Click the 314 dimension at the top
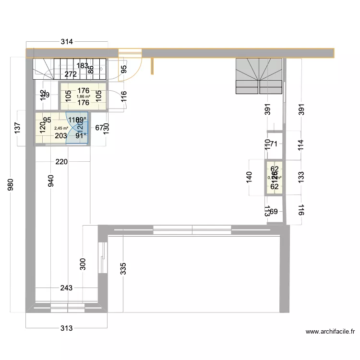[66, 42]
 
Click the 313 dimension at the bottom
[66, 328]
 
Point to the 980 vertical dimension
[11, 186]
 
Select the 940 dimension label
[51, 181]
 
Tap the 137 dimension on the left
[18, 128]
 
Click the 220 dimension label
[61, 162]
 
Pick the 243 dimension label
[66, 288]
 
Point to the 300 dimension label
[83, 264]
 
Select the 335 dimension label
[123, 268]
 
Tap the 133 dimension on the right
[301, 177]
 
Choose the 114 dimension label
[301, 145]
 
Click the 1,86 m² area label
[84, 96]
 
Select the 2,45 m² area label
[61, 128]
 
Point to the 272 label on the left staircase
[71, 74]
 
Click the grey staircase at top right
[259, 76]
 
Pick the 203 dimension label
[61, 136]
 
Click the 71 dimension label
[274, 144]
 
